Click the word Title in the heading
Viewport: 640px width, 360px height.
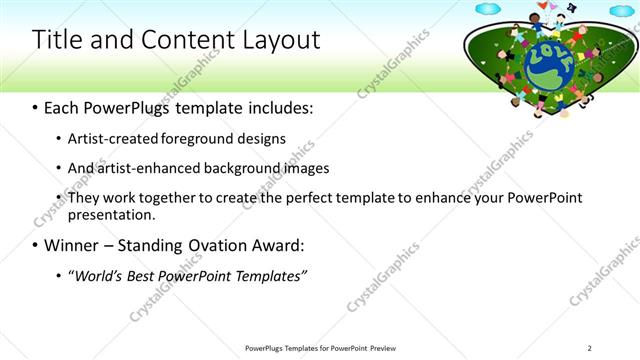(x=57, y=40)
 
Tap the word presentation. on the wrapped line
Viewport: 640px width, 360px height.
(x=111, y=214)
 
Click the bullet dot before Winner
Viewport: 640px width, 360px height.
(x=36, y=245)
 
